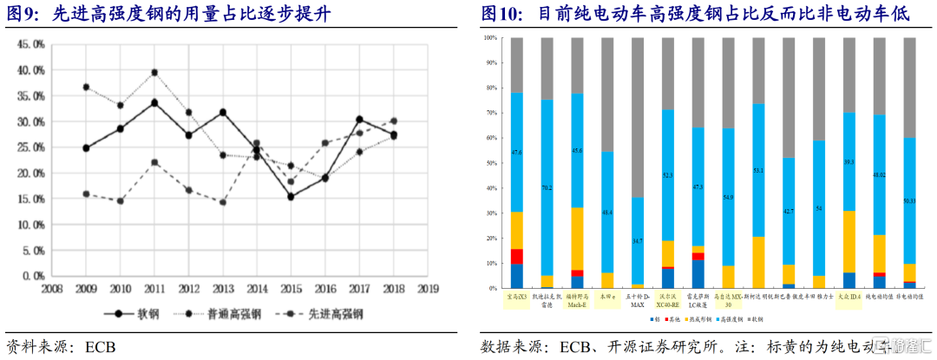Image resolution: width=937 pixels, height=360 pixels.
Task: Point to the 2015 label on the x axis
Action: click(x=290, y=287)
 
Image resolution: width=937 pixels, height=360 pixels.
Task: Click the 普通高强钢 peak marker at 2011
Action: click(x=154, y=73)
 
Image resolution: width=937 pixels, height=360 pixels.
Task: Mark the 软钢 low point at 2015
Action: click(x=290, y=197)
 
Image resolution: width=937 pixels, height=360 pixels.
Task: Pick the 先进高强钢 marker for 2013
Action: click(x=222, y=202)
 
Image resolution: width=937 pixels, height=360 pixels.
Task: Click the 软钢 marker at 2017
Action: click(x=358, y=120)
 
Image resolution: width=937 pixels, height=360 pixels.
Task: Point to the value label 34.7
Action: click(x=638, y=240)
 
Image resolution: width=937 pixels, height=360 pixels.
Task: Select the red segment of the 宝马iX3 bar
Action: click(x=517, y=256)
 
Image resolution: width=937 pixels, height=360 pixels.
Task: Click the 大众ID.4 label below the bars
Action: click(x=849, y=296)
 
